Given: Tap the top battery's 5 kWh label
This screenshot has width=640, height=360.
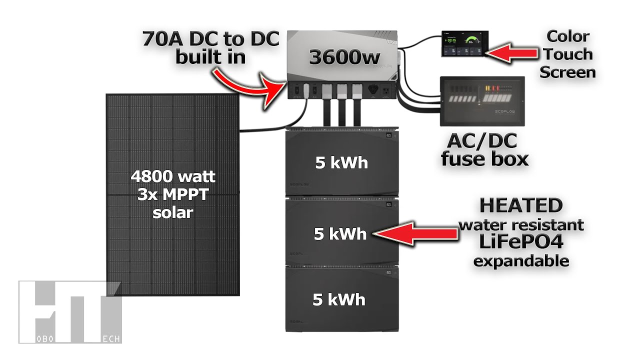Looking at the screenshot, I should [341, 163].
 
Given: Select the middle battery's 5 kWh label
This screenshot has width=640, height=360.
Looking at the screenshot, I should [340, 234].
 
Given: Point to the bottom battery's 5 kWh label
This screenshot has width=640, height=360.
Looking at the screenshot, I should [339, 299].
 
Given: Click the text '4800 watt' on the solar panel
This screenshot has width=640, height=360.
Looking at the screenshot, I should [173, 176].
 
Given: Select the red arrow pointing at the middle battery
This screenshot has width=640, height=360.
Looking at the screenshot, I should [415, 233].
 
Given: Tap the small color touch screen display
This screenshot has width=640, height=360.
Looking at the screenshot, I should [462, 43].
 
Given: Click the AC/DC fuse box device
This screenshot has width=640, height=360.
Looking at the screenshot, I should [482, 101].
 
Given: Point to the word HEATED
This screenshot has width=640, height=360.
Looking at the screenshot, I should [521, 205].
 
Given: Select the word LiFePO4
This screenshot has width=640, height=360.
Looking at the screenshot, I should [521, 242].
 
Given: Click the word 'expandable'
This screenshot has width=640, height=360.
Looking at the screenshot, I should [521, 260].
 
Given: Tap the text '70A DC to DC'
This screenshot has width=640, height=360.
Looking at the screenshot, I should [210, 38].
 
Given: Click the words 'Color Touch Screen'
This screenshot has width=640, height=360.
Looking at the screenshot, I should [567, 54].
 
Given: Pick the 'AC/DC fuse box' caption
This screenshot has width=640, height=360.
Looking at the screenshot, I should [484, 150].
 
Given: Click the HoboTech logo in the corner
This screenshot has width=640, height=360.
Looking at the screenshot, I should [69, 312].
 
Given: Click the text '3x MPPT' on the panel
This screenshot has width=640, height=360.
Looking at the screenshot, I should [173, 194].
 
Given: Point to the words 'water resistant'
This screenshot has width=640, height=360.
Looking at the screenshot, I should [521, 224].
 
